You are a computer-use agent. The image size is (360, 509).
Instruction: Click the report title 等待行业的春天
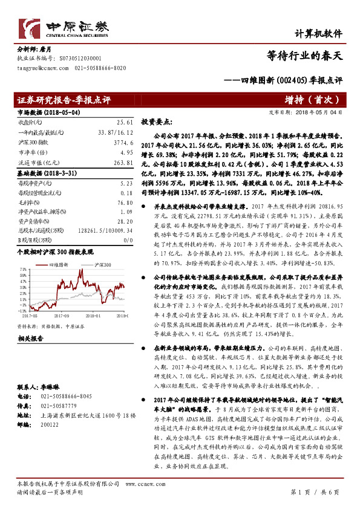[x=305, y=56]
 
